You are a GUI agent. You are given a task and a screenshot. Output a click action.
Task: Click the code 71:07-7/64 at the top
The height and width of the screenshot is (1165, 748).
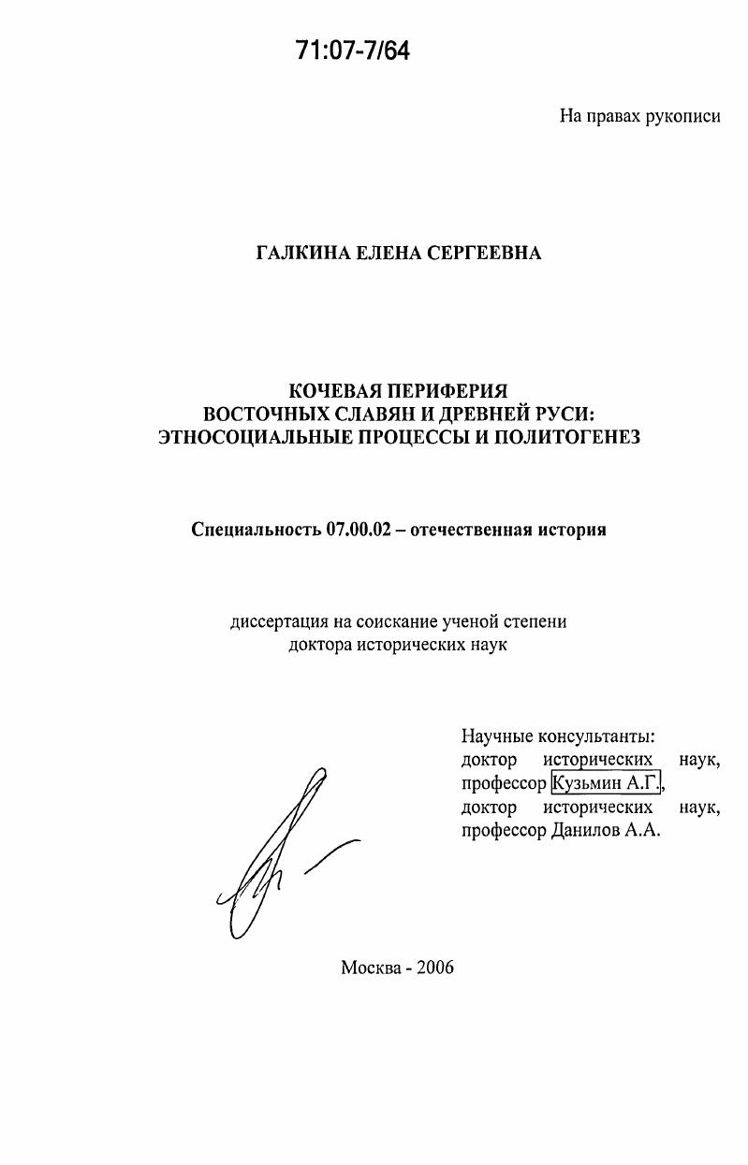(353, 51)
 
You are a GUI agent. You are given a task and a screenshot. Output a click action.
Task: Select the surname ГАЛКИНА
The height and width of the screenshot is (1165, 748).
(305, 253)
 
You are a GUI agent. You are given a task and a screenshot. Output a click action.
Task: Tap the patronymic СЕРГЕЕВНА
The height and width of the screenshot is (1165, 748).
(491, 253)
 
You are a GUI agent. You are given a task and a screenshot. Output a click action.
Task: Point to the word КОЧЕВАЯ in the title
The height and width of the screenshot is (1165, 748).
(336, 389)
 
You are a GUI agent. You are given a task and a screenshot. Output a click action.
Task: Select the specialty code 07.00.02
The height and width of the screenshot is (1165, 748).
(362, 530)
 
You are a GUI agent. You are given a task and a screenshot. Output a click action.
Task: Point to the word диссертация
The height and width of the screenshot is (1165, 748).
(277, 621)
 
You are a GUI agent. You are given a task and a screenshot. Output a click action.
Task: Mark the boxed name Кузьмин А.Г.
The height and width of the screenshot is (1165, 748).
(607, 783)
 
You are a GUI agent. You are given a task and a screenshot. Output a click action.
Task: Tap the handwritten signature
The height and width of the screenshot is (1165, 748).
(281, 852)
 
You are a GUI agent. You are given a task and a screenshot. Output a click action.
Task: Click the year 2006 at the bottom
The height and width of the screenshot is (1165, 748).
(434, 968)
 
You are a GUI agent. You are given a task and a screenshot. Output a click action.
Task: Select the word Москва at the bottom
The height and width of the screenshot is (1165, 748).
(373, 968)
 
